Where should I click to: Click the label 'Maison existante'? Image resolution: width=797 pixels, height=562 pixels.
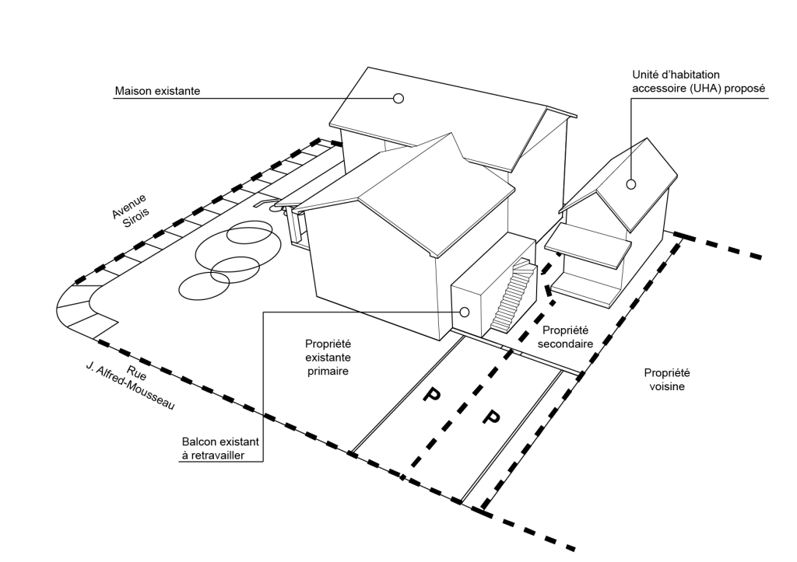pyautogui.click(x=157, y=91)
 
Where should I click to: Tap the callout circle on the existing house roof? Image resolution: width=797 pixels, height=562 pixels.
pyautogui.click(x=398, y=98)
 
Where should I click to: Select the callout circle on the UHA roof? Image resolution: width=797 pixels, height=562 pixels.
pyautogui.click(x=631, y=184)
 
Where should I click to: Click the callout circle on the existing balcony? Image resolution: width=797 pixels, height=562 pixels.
pyautogui.click(x=465, y=312)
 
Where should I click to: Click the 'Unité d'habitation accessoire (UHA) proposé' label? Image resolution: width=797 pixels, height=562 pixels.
pyautogui.click(x=698, y=82)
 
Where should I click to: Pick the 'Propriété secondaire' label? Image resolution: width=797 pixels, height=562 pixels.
pyautogui.click(x=567, y=337)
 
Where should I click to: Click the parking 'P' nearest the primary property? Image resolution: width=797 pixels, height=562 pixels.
pyautogui.click(x=430, y=396)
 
